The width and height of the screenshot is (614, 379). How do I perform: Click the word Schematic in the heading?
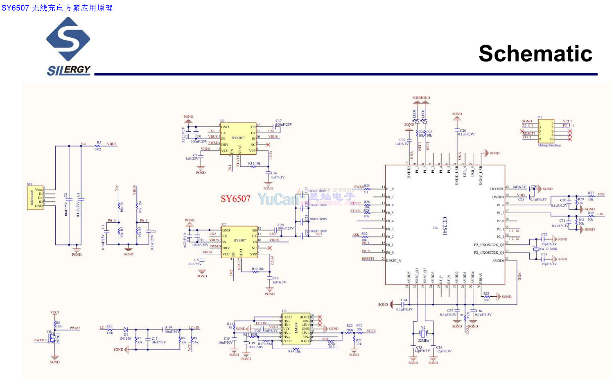click(x=535, y=54)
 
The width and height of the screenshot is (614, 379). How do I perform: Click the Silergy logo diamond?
click(x=68, y=39)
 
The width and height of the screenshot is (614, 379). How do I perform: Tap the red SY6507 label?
click(x=235, y=199)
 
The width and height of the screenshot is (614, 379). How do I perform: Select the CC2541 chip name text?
click(x=445, y=226)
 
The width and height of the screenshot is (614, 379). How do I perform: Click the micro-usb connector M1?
click(x=35, y=198)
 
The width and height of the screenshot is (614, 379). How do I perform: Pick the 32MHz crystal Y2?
click(x=423, y=334)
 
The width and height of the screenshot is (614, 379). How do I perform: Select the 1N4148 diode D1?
click(x=125, y=330)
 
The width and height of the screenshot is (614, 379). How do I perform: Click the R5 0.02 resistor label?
click(x=98, y=146)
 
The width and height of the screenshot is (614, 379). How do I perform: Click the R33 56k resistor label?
click(x=486, y=297)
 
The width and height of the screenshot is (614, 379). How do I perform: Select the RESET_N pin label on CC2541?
click(x=394, y=261)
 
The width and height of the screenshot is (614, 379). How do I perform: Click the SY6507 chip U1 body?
click(x=238, y=139)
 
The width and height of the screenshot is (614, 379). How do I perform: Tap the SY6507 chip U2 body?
click(x=239, y=242)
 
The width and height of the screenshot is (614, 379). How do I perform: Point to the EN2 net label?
click(x=601, y=194)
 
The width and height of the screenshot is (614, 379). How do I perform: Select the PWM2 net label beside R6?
click(x=74, y=328)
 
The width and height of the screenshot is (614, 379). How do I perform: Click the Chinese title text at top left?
click(x=57, y=8)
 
